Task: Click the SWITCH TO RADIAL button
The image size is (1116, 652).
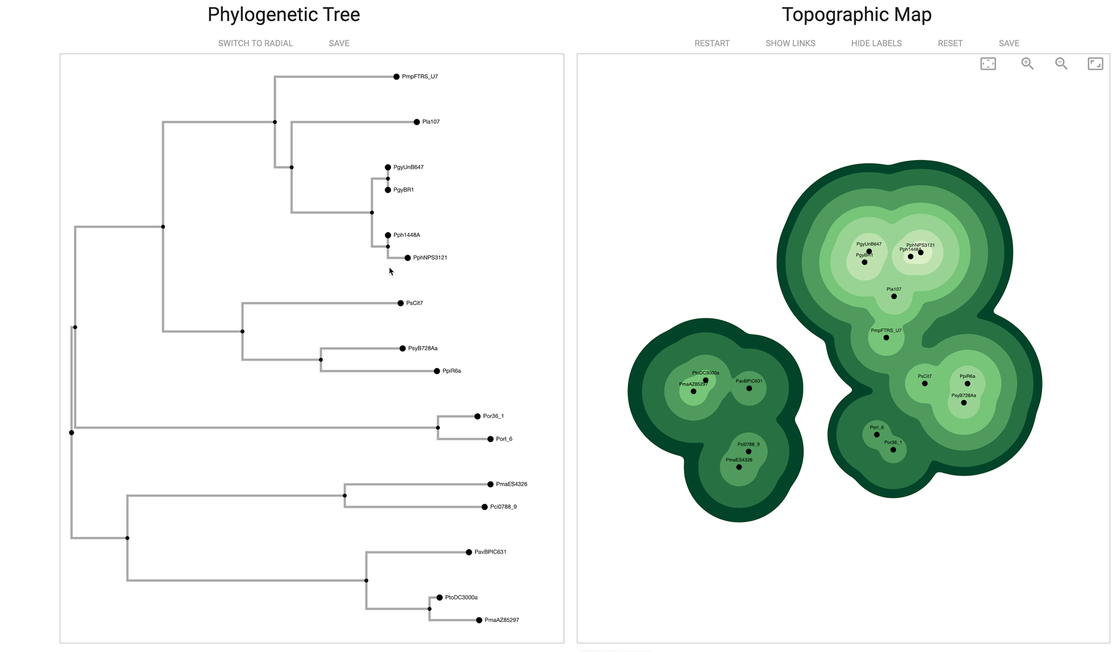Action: pyautogui.click(x=255, y=44)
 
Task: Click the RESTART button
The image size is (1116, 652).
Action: pyautogui.click(x=712, y=44)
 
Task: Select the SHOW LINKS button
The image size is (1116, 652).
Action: pyautogui.click(x=790, y=44)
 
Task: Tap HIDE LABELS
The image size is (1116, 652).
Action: pyautogui.click(x=876, y=44)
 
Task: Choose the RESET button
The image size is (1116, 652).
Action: pyautogui.click(x=950, y=44)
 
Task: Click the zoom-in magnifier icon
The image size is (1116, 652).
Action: pyautogui.click(x=1027, y=64)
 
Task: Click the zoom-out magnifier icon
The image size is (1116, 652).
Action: pyautogui.click(x=1061, y=64)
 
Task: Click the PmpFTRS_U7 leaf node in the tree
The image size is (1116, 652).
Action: pyautogui.click(x=397, y=77)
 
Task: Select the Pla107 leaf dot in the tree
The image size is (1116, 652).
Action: pyautogui.click(x=417, y=122)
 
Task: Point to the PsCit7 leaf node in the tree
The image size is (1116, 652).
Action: pyautogui.click(x=400, y=303)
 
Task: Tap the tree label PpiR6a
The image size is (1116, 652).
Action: pyautogui.click(x=451, y=371)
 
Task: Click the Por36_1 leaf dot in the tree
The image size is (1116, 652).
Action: pyautogui.click(x=477, y=417)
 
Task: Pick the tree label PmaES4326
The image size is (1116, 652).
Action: pyautogui.click(x=511, y=484)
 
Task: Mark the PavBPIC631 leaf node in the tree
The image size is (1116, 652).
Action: pyautogui.click(x=469, y=552)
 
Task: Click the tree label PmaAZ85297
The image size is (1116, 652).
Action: pyautogui.click(x=502, y=620)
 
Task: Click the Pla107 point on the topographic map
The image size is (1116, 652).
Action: pyautogui.click(x=894, y=297)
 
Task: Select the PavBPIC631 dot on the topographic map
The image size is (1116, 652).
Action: pyautogui.click(x=749, y=388)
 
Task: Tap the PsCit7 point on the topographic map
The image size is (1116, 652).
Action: pyautogui.click(x=925, y=384)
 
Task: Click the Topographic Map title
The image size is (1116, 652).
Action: pyautogui.click(x=856, y=15)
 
